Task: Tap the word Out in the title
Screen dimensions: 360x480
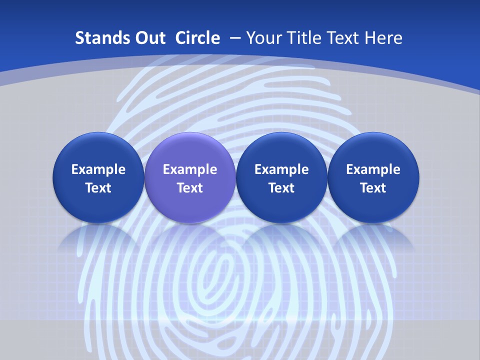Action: click(147, 38)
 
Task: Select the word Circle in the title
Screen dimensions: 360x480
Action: click(197, 38)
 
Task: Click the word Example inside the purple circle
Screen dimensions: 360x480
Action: click(190, 169)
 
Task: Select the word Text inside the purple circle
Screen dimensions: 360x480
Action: click(190, 188)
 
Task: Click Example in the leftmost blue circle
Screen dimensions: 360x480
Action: click(98, 169)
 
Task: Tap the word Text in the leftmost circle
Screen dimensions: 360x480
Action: click(98, 188)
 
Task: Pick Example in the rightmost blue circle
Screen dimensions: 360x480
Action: click(373, 169)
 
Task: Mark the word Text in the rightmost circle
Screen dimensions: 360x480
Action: click(373, 188)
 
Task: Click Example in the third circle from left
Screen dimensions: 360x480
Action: click(281, 169)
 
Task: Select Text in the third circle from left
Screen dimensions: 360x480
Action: click(281, 188)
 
